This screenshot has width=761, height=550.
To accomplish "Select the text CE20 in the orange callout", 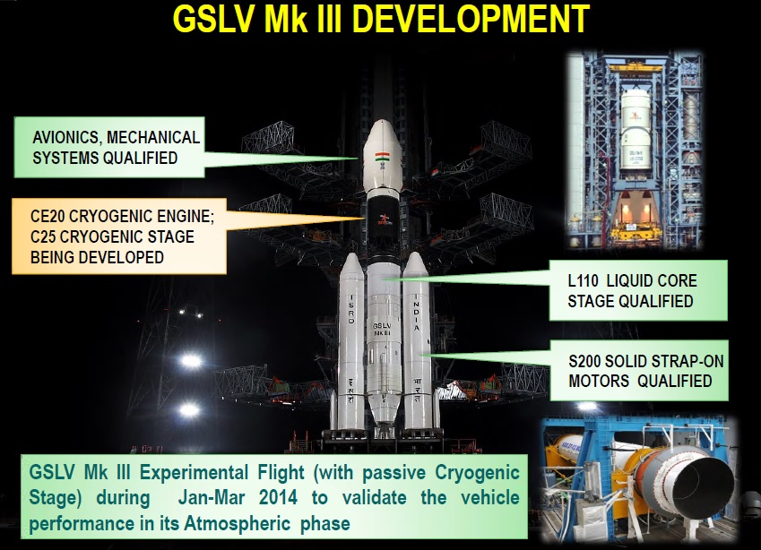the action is click(x=48, y=216).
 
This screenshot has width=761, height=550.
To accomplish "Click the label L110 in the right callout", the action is click(x=583, y=280).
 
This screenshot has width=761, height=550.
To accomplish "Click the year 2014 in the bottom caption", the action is click(x=278, y=498).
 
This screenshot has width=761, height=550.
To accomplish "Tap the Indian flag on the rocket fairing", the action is click(x=382, y=157).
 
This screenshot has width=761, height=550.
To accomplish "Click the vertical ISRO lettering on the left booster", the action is click(x=351, y=309).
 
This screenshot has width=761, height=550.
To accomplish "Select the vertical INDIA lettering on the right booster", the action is click(x=416, y=313).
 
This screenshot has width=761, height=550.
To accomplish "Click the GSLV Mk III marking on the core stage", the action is click(x=382, y=330).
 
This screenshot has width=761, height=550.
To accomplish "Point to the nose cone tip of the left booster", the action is click(x=352, y=254).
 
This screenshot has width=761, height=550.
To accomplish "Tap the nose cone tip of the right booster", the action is click(x=415, y=253).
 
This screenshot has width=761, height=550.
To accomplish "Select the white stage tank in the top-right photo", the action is click(x=636, y=130).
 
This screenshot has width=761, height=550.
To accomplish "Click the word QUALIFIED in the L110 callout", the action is click(x=654, y=301).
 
